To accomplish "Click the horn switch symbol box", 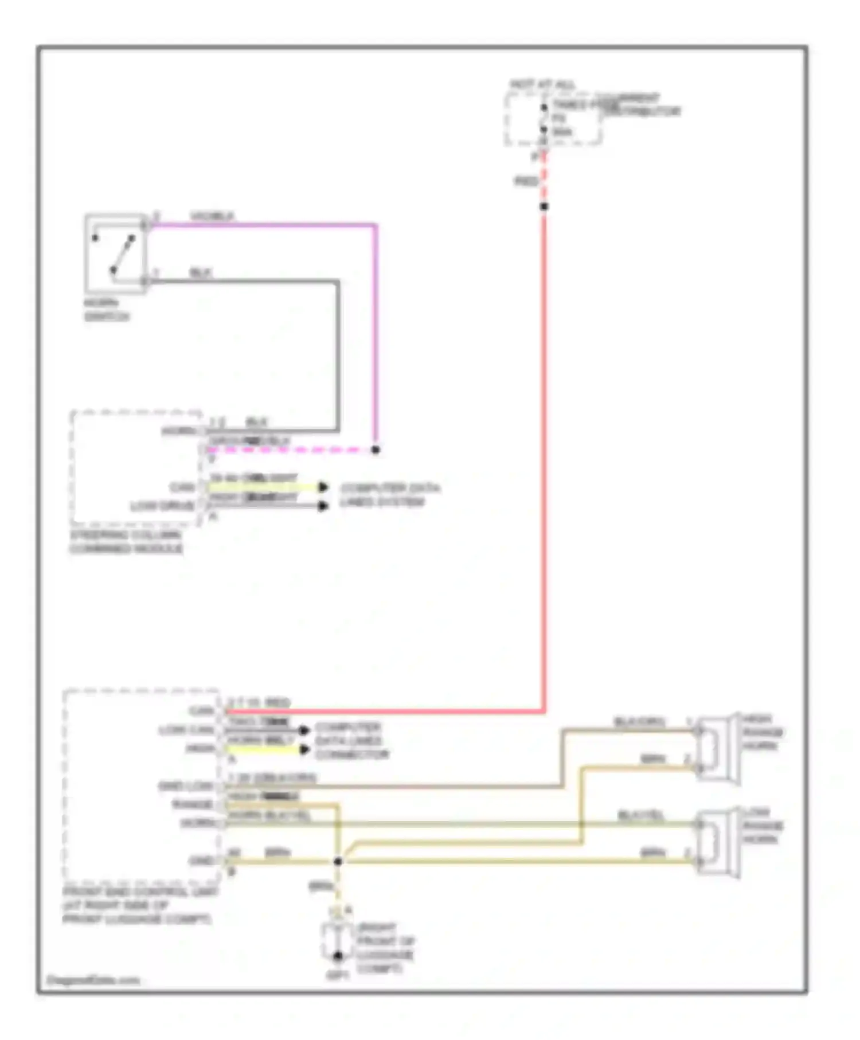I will coord(115,254).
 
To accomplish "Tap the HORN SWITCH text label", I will coord(107,310).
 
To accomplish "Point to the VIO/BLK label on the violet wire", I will coord(212,216).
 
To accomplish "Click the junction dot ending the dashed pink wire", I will coord(376,450).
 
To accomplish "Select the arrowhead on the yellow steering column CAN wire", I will coord(323,487).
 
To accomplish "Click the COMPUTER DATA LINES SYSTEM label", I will coord(390,495).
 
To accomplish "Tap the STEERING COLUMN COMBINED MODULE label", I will coord(126,542).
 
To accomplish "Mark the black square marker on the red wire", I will coord(544,206).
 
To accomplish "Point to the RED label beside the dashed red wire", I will coord(526,182).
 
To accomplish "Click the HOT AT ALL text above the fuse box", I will coord(542,85).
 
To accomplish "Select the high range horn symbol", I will coord(717,749).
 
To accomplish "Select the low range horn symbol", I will coord(717,842).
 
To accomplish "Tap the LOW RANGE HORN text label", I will coord(763,826).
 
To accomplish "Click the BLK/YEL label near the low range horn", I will coord(640,815).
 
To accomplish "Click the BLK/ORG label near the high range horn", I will coord(639,722).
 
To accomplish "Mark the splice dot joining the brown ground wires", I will coord(338,861).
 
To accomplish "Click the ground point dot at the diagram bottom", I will coord(338,956).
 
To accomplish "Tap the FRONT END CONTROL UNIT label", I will coord(140,906).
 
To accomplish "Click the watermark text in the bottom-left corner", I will coord(93,980).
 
